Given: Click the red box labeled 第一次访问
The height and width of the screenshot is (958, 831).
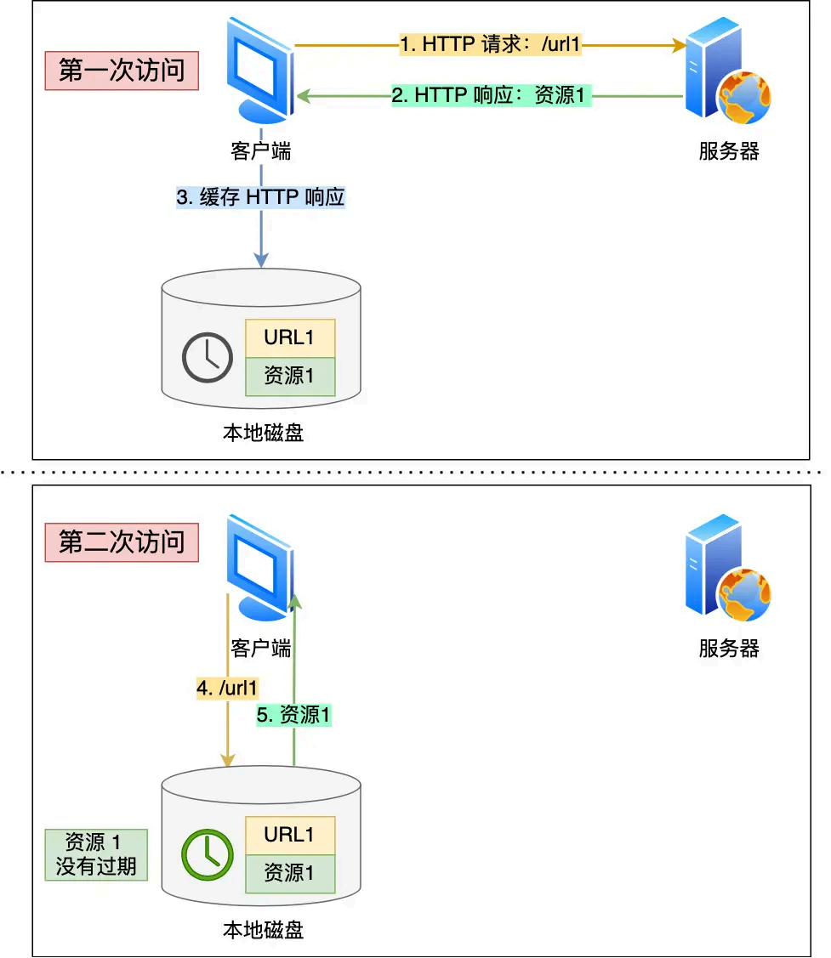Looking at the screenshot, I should pyautogui.click(x=122, y=70).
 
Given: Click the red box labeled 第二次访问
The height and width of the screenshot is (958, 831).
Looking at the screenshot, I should pyautogui.click(x=122, y=541).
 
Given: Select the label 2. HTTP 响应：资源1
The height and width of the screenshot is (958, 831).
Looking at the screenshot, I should pyautogui.click(x=491, y=95).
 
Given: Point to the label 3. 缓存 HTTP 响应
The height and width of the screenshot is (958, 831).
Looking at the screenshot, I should pyautogui.click(x=260, y=197).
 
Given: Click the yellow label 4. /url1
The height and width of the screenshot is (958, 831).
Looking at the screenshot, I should pyautogui.click(x=227, y=688).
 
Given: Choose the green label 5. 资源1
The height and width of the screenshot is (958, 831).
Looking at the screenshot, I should pyautogui.click(x=293, y=716).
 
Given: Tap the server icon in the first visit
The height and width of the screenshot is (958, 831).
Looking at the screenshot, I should pyautogui.click(x=727, y=72).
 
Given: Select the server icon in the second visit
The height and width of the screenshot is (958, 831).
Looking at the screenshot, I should pyautogui.click(x=727, y=567).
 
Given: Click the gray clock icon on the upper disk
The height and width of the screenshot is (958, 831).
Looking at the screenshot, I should pyautogui.click(x=208, y=358).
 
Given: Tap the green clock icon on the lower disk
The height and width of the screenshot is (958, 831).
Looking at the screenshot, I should pyautogui.click(x=208, y=854).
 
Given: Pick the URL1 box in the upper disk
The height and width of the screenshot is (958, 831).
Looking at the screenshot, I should pyautogui.click(x=290, y=337).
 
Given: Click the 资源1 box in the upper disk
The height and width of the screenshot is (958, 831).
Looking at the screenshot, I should pyautogui.click(x=290, y=376).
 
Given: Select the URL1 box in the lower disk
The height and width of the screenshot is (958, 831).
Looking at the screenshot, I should pyautogui.click(x=290, y=835).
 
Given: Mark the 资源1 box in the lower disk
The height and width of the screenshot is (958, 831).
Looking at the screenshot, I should pyautogui.click(x=290, y=873).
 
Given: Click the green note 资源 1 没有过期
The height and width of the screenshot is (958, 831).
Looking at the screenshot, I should pyautogui.click(x=95, y=854).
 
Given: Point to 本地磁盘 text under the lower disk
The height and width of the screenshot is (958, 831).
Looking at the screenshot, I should pyautogui.click(x=263, y=930).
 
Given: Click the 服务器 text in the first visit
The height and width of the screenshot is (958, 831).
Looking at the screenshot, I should pyautogui.click(x=729, y=151).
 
